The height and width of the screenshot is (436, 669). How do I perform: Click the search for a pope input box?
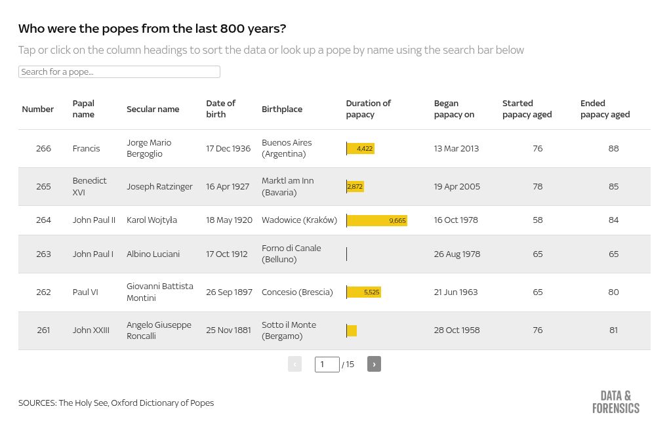119,72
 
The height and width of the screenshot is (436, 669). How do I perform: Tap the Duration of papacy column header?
368,109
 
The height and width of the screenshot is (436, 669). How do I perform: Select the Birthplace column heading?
282,109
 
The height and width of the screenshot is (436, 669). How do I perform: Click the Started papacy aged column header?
527,109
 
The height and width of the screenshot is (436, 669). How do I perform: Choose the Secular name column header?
153,109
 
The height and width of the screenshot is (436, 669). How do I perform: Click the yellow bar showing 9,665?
377,220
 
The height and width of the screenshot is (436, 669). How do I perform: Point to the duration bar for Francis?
361,149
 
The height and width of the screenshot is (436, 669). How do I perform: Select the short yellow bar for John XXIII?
352,330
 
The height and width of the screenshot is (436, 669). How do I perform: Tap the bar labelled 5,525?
364,292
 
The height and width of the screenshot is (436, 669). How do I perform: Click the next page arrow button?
374,364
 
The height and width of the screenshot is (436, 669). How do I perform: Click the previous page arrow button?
294,364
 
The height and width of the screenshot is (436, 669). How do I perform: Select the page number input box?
327,364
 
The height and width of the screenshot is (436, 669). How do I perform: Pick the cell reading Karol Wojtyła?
152,220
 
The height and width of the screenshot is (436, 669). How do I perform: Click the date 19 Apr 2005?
456,187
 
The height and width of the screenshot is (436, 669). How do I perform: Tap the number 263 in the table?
43,254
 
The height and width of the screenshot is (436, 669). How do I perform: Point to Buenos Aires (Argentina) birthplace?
287,148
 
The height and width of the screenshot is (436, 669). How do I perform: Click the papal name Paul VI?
85,292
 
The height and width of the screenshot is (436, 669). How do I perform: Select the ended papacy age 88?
613,149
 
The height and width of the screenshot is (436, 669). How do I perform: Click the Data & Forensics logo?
615,402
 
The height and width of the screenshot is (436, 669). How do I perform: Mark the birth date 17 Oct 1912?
227,254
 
